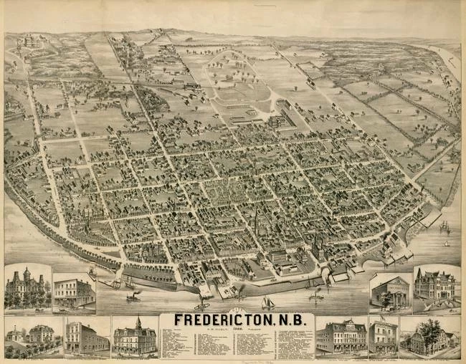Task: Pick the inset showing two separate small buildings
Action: coord(29,335)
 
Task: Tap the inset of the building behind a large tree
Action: coord(429,336)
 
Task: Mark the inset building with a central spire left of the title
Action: coord(135,336)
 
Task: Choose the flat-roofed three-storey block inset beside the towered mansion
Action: coord(74,293)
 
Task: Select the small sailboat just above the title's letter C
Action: coord(266,302)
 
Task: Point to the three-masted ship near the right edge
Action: coord(445,227)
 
